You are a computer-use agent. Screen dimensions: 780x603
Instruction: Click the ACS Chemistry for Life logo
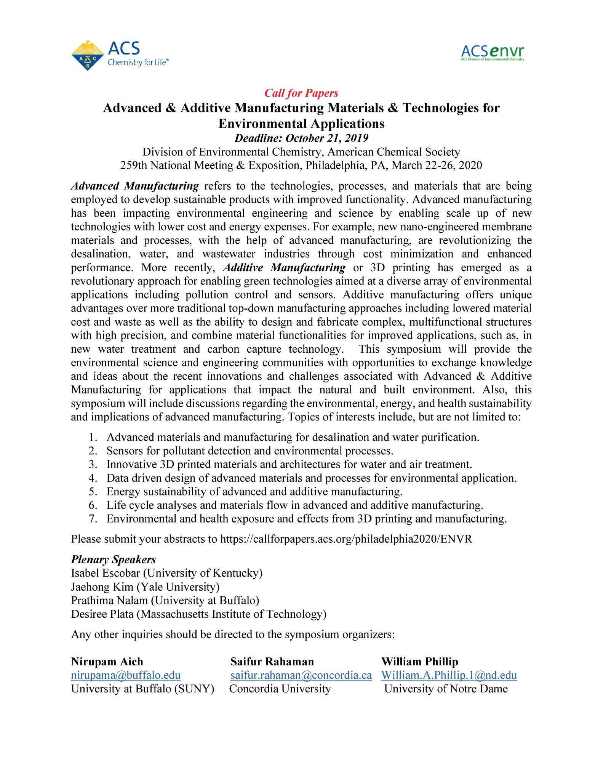pyautogui.click(x=120, y=55)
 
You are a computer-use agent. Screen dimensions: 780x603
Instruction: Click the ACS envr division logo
pyautogui.click(x=492, y=53)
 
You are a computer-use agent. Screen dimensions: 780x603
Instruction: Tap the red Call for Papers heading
pyautogui.click(x=301, y=93)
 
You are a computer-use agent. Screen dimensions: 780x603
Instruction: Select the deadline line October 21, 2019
pyautogui.click(x=301, y=138)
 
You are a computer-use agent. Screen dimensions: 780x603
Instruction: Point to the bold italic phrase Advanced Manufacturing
pyautogui.click(x=135, y=186)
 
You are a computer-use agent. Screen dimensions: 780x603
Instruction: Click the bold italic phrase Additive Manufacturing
pyautogui.click(x=284, y=267)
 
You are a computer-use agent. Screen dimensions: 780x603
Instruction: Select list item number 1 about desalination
pyautogui.click(x=293, y=437)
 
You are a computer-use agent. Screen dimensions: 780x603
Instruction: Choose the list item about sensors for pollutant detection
pyautogui.click(x=250, y=451)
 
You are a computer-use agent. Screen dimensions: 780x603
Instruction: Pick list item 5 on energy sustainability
pyautogui.click(x=254, y=492)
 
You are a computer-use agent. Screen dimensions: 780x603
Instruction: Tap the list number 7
pyautogui.click(x=93, y=519)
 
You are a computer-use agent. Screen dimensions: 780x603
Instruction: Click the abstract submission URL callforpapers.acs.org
pyautogui.click(x=346, y=539)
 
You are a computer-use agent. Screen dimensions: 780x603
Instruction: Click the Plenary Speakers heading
pyautogui.click(x=114, y=559)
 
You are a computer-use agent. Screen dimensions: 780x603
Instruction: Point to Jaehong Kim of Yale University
pyautogui.click(x=145, y=587)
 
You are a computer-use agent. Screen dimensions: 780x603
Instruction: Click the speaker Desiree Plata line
pyautogui.click(x=198, y=614)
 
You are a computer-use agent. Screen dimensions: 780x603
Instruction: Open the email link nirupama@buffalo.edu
pyautogui.click(x=126, y=675)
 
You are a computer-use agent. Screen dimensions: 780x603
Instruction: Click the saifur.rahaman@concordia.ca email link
pyautogui.click(x=301, y=675)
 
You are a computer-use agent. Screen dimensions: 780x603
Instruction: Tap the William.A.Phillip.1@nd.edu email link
pyautogui.click(x=449, y=675)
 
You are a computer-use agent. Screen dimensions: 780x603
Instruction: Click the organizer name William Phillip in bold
pyautogui.click(x=420, y=662)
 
